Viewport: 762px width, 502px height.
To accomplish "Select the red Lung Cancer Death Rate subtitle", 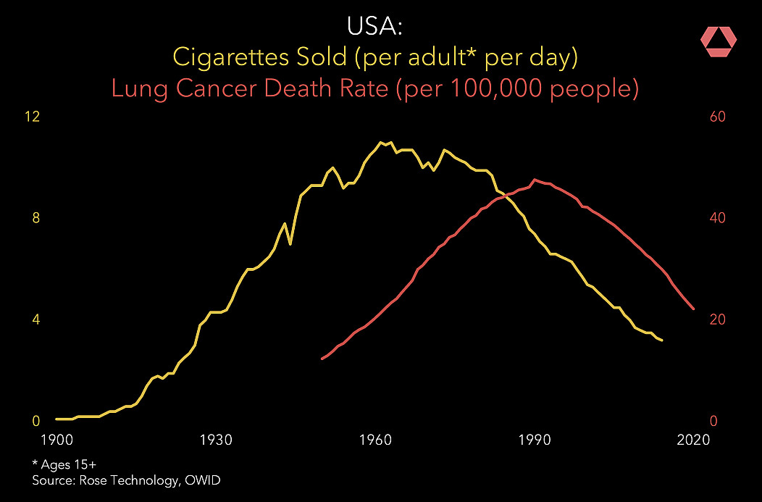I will [x=374, y=89].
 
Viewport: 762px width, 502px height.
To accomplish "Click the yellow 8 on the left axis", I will [x=36, y=219].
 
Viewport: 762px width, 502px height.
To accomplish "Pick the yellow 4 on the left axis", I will [x=36, y=320].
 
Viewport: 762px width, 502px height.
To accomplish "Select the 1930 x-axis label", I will [x=215, y=440].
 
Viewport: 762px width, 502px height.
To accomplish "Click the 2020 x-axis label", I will [x=693, y=440].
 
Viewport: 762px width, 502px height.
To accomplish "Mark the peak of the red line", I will [x=535, y=180].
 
